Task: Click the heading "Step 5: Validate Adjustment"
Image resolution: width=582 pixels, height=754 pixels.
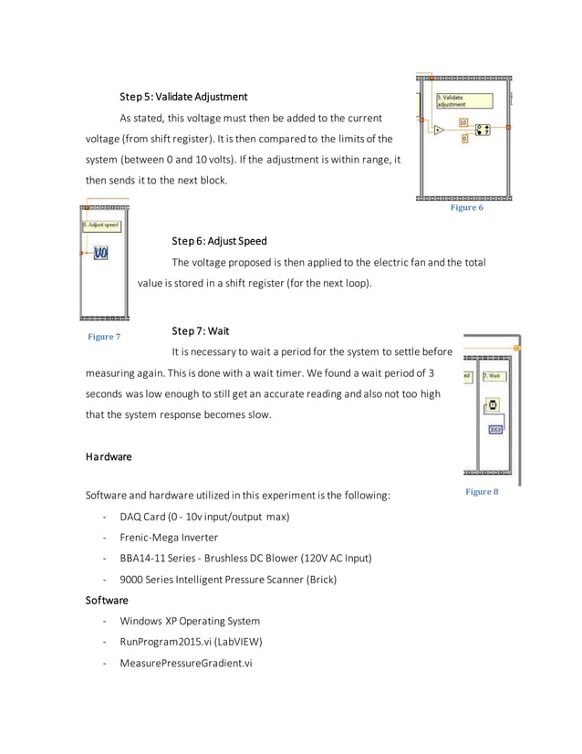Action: tap(183, 97)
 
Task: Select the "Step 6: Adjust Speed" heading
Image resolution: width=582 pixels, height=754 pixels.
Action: tap(219, 241)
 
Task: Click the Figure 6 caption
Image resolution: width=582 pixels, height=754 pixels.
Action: tap(466, 208)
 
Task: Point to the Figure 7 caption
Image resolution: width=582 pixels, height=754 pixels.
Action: tap(103, 337)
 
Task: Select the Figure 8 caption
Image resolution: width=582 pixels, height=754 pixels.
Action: tap(482, 492)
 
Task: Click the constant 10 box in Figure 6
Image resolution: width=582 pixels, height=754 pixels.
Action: tap(462, 122)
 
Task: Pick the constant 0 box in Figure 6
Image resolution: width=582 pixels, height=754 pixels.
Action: tap(463, 139)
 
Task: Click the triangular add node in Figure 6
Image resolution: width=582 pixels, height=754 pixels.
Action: tap(439, 130)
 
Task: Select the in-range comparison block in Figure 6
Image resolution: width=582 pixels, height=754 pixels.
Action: tap(483, 130)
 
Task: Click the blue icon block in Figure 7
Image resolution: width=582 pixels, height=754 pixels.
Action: tap(100, 253)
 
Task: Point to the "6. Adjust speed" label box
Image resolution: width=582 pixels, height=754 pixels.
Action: tap(100, 225)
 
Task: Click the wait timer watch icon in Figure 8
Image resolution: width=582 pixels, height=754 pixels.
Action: tap(493, 404)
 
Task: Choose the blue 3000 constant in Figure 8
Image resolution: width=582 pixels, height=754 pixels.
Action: tap(494, 429)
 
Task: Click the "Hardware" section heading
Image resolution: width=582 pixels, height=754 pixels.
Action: tap(109, 456)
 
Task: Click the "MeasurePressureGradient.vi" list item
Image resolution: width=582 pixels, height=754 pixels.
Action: tap(185, 663)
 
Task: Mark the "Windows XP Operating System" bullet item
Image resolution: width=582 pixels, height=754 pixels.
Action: tap(190, 621)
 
